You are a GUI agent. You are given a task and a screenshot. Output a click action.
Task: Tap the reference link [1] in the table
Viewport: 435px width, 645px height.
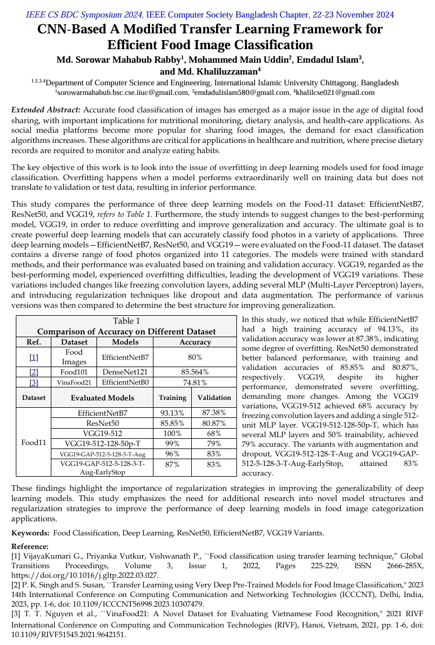click(x=33, y=357)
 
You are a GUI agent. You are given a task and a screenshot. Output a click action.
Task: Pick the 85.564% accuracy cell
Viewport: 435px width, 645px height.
click(x=195, y=372)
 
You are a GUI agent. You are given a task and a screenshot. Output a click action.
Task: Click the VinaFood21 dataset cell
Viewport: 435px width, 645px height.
click(x=74, y=382)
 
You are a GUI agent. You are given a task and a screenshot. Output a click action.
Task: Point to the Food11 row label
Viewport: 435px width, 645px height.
click(x=33, y=442)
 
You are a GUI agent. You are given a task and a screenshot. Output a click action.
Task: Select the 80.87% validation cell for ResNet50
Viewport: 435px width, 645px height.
click(x=214, y=423)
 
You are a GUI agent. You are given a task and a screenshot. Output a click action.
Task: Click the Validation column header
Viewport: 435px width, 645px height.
click(x=214, y=398)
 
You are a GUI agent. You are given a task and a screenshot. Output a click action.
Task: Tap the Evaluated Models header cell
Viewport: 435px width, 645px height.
click(x=102, y=398)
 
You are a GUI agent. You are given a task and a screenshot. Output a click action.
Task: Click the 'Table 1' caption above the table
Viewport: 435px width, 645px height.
click(x=126, y=321)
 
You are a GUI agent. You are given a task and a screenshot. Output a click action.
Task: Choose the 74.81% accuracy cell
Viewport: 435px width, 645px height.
click(x=195, y=382)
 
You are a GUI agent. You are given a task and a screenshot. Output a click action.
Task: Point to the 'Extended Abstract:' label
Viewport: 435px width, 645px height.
click(x=46, y=110)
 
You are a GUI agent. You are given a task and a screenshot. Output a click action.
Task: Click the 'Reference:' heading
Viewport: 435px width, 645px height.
click(x=30, y=546)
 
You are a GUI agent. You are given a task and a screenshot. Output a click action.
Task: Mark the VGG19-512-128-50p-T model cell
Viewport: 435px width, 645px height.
click(x=102, y=443)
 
